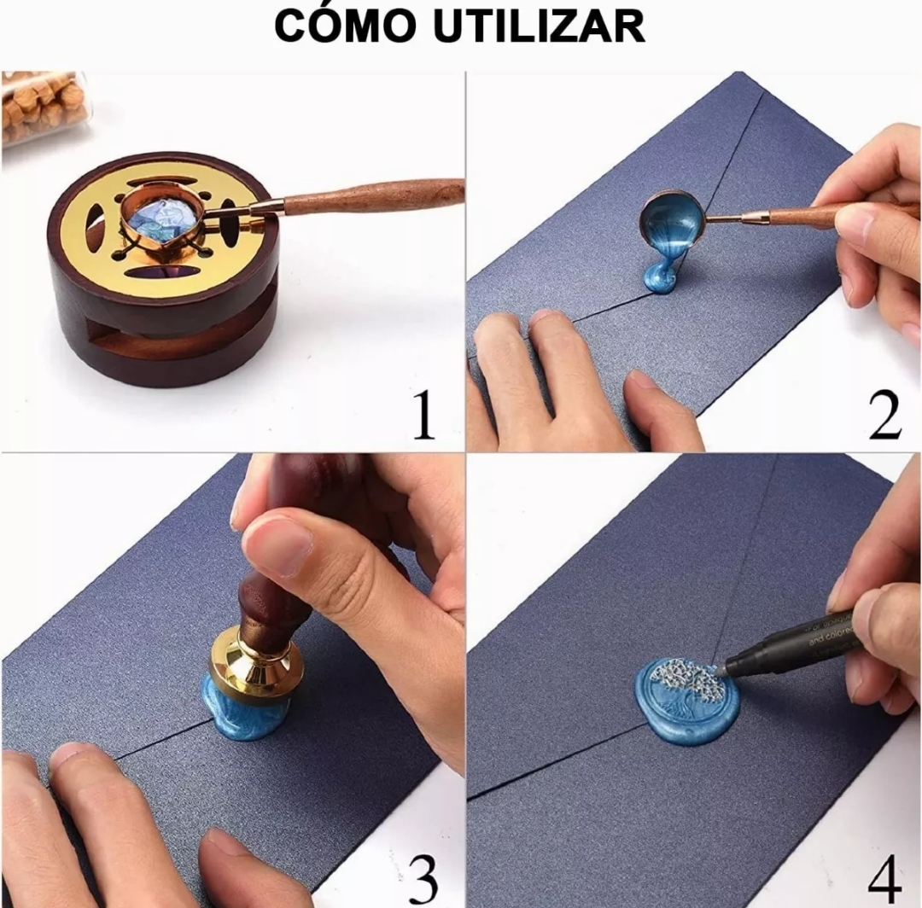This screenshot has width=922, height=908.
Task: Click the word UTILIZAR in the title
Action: tap(539, 27)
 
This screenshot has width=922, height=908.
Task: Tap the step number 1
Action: tap(424, 416)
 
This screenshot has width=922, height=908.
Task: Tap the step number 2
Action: tap(885, 416)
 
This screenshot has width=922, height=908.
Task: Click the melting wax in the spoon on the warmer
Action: tap(160, 218)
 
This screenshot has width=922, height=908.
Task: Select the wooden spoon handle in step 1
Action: tap(376, 197)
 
